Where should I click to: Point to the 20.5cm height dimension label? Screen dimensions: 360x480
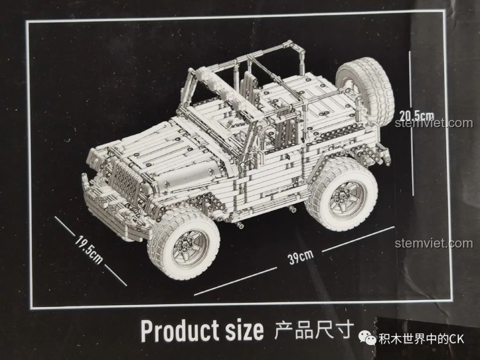tap(416, 115)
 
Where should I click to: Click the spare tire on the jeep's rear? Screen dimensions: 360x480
tap(366, 91)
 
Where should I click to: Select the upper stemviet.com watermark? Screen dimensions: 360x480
tap(434, 123)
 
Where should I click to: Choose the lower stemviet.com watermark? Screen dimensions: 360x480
tap(434, 244)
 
